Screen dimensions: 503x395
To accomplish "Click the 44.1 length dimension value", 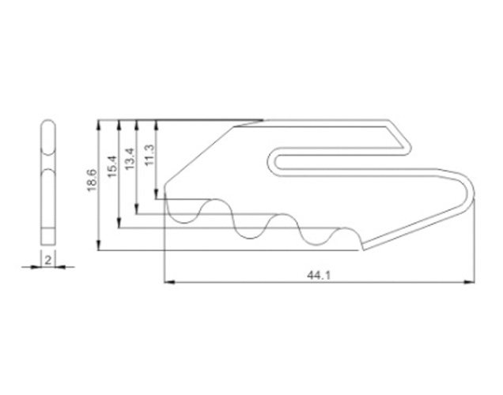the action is tap(318, 275).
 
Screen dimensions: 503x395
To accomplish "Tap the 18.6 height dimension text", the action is tap(92, 180).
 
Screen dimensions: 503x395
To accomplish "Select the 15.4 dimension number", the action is tap(112, 166).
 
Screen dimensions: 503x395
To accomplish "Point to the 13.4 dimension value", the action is tap(130, 159).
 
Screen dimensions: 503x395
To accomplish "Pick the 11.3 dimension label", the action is tap(149, 154).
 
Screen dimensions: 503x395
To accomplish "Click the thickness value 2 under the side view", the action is tap(47, 260).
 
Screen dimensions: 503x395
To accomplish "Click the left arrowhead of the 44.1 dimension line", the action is tap(169, 282).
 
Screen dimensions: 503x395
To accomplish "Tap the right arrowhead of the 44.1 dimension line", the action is tap(469, 282).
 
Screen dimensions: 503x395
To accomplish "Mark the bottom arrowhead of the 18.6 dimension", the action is tap(99, 245).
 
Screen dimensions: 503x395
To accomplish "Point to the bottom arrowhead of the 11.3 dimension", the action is tap(156, 194).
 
